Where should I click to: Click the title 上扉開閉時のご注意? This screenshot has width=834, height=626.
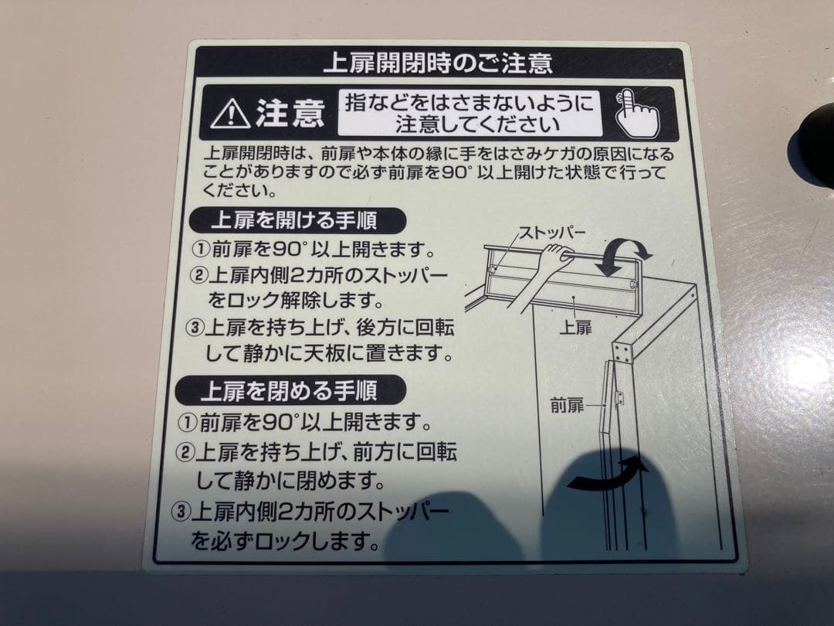[x=437, y=62]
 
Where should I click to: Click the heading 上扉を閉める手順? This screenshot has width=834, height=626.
[x=289, y=390]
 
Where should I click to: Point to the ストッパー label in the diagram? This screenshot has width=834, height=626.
[x=551, y=232]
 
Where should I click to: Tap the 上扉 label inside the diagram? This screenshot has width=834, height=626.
[x=575, y=327]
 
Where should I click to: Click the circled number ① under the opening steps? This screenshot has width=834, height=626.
[x=199, y=251]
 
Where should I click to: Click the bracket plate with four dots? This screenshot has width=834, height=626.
[x=622, y=352]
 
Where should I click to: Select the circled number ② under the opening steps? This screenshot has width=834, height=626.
[x=199, y=276]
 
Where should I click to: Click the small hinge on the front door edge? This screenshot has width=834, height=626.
[x=617, y=398]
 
